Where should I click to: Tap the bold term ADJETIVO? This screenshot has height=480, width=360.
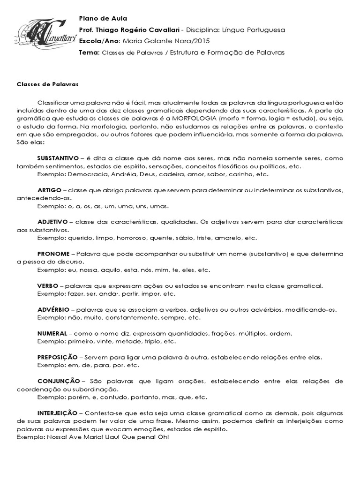pyautogui.click(x=52, y=222)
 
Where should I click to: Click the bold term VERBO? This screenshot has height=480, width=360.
pyautogui.click(x=48, y=285)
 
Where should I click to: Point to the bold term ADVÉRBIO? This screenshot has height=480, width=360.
pyautogui.click(x=53, y=310)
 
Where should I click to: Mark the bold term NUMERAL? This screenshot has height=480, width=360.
pyautogui.click(x=52, y=334)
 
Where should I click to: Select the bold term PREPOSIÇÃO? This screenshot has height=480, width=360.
pyautogui.click(x=57, y=358)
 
